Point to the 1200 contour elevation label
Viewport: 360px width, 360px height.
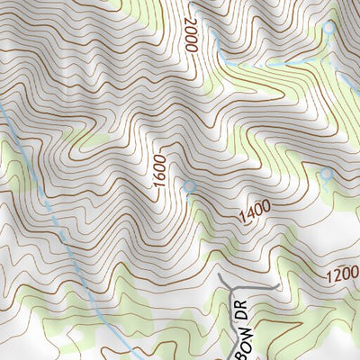tap(342, 271)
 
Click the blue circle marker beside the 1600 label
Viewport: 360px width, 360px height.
tap(189, 185)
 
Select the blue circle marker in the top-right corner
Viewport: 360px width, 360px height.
tap(328, 28)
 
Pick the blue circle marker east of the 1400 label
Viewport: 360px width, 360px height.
tap(327, 173)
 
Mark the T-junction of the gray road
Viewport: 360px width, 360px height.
tap(235, 288)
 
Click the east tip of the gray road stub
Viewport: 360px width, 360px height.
tap(280, 287)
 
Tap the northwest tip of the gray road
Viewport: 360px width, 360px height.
tap(218, 275)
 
